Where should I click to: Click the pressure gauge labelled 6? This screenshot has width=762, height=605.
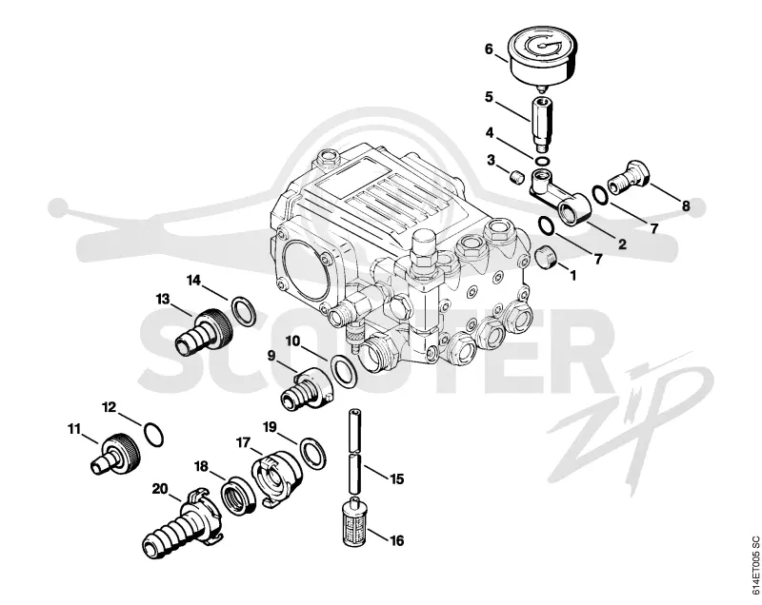[x=543, y=55]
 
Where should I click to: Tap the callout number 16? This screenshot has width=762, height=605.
[x=396, y=540]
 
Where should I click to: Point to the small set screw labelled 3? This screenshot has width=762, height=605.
[x=517, y=176]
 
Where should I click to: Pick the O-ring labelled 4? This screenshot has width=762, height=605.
[x=542, y=161]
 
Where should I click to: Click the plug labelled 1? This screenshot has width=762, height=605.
[x=547, y=257]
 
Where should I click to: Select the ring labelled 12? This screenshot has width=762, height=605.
[x=154, y=434]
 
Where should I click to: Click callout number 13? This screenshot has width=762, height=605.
[x=163, y=299]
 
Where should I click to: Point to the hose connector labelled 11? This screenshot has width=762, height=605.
[x=116, y=452]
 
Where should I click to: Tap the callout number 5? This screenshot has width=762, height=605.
[x=489, y=97]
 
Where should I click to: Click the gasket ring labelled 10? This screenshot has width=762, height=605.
[x=343, y=371]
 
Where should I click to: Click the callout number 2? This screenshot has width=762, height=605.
[x=622, y=244]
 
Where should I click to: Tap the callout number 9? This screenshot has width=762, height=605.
[x=271, y=356]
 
